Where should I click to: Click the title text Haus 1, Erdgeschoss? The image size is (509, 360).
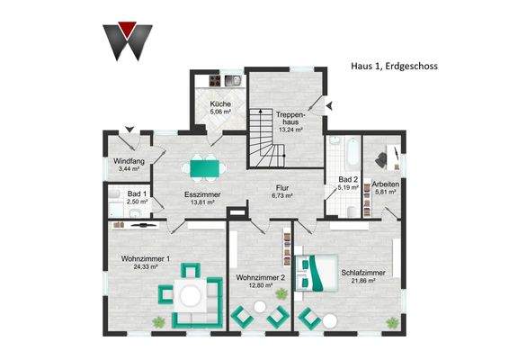coord(393,65)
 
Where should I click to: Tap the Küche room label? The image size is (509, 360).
coord(220,104)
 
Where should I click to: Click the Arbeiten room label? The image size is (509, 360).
coord(386,184)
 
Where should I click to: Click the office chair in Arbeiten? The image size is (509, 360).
coord(379,158)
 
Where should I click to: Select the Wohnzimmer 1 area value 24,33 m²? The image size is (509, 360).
coord(140,266)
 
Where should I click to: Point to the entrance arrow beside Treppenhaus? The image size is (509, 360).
coord(328,104)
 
